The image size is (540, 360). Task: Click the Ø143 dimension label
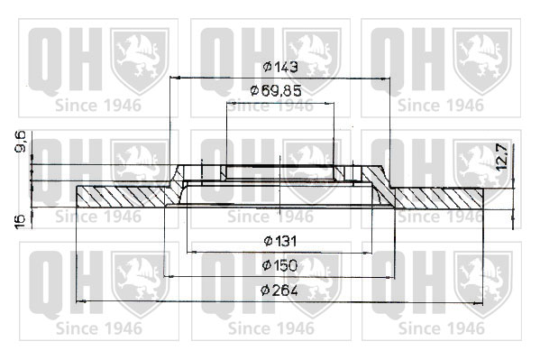pos(280,67)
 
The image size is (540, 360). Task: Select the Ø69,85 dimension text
pos(276,91)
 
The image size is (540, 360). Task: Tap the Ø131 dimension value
pos(280,241)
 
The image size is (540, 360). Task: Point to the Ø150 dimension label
pos(279,265)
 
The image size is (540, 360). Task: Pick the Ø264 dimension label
pos(279,291)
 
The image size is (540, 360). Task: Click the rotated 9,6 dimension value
pos(22,143)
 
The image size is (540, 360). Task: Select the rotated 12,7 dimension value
pos(502,156)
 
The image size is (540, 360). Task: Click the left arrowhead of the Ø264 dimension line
pos(80,301)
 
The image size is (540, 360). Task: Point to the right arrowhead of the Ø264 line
pos(479,304)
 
